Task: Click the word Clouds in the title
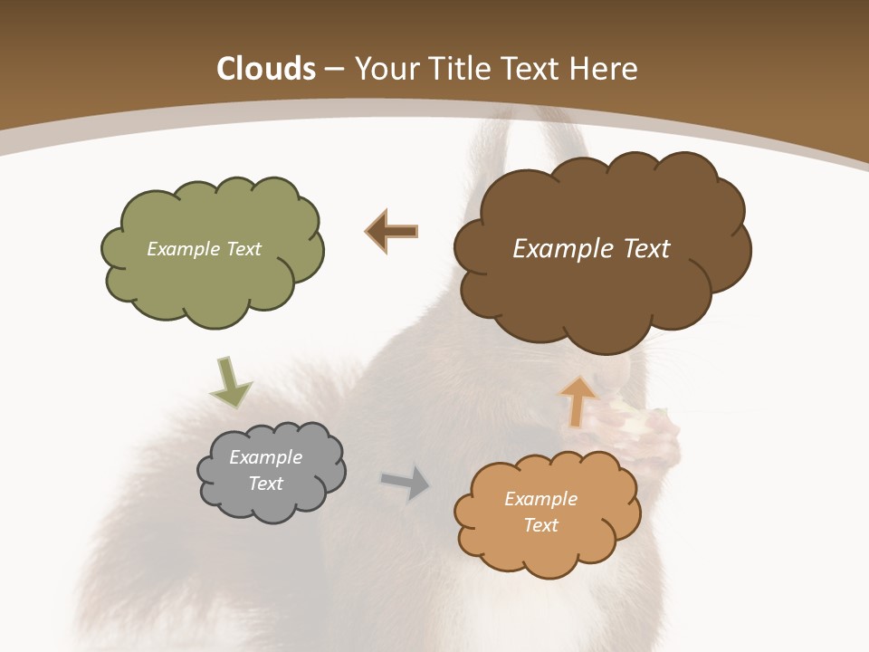[x=266, y=69]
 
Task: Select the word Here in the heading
[x=606, y=69]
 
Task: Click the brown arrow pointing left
[x=391, y=232]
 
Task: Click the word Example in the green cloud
[x=183, y=249]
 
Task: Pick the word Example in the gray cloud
[x=265, y=457]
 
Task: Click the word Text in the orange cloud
[x=541, y=525]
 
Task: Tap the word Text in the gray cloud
[x=266, y=484]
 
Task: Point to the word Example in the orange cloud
[x=540, y=499]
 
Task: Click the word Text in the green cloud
[x=243, y=249]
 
